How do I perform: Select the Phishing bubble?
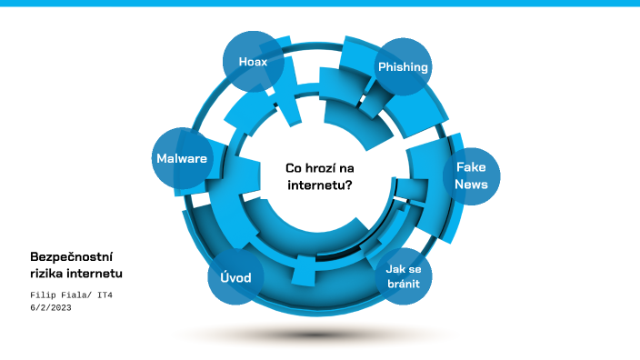(403, 67)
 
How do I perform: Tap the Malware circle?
(182, 158)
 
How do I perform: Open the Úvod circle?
(235, 276)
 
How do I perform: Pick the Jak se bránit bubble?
(402, 276)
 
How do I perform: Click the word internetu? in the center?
(320, 184)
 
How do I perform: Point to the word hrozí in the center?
(325, 167)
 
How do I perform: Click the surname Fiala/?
(83, 295)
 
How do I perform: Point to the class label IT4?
(117, 295)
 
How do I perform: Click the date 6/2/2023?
(51, 308)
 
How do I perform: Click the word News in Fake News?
(471, 185)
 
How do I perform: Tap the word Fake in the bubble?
(471, 168)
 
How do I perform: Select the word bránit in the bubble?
(402, 285)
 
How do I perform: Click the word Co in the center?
(294, 167)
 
